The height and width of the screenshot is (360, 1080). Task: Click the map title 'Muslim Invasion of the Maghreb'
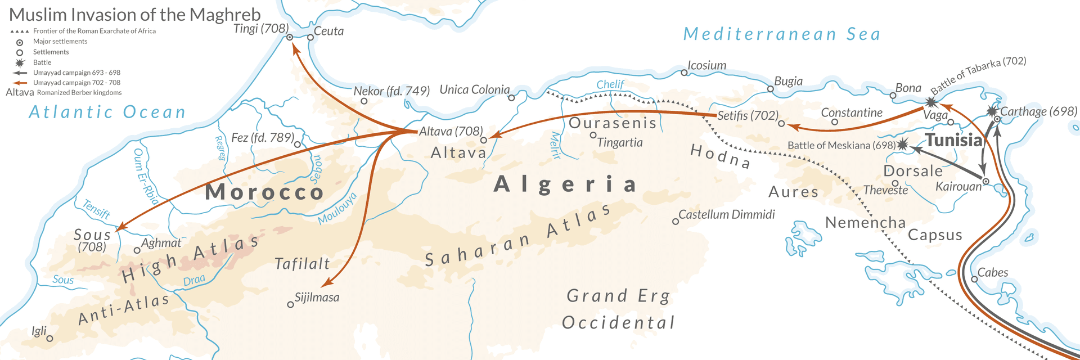[135, 14]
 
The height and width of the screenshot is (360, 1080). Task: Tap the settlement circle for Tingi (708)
[290, 37]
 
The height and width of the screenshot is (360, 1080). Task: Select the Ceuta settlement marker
[310, 38]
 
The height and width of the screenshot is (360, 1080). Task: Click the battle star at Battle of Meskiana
[902, 145]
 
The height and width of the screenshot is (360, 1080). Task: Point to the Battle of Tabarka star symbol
[931, 102]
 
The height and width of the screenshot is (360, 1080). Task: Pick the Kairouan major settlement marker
[985, 181]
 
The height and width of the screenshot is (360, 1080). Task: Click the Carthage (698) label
[1038, 111]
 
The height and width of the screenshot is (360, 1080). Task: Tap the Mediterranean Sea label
[782, 34]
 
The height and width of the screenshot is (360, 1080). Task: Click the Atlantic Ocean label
[107, 112]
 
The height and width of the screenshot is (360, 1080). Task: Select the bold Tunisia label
[953, 140]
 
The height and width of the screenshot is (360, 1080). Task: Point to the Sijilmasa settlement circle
[290, 305]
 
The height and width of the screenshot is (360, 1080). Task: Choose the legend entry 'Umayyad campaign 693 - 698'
[76, 73]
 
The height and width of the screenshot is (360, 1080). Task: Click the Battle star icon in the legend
[20, 62]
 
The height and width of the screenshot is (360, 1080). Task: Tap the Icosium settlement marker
[684, 73]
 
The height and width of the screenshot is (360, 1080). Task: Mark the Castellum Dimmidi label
[726, 214]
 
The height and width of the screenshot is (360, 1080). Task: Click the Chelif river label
[610, 84]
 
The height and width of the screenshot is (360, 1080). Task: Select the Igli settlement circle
[49, 339]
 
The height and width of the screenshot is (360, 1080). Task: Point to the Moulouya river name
[337, 209]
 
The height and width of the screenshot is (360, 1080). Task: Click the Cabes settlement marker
[974, 279]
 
